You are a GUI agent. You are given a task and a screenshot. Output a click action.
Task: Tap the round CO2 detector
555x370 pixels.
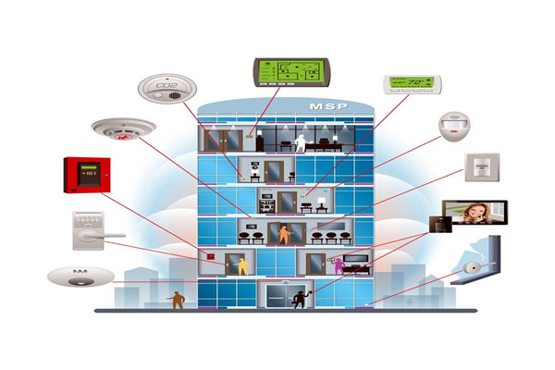tap(166, 90)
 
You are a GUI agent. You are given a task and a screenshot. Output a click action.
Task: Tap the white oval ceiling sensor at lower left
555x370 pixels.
tap(80, 275)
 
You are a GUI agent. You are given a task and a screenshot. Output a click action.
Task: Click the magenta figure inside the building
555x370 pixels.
tap(339, 266)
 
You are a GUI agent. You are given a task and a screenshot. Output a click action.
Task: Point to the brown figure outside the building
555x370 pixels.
tap(176, 300)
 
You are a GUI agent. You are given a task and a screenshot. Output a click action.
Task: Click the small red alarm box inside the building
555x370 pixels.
tap(212, 256)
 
